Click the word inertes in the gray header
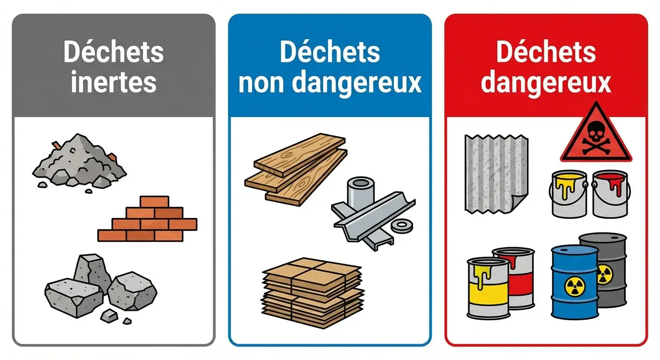tap(113, 82)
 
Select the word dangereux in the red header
tap(546, 82)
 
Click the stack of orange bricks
tap(148, 219)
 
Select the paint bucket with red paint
tap(610, 193)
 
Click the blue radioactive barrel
tap(575, 281)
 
